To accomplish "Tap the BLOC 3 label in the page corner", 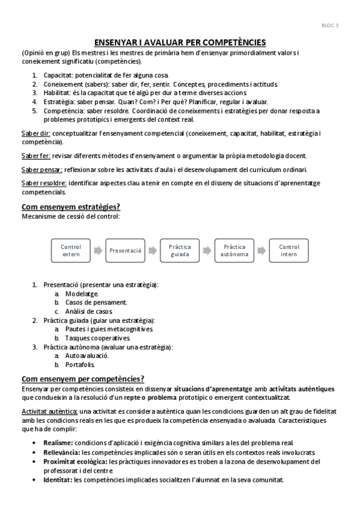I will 331,25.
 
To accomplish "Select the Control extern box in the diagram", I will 71,250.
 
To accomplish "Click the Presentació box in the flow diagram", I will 126,250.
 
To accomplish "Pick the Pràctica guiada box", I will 180,250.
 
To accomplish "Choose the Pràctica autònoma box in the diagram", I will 234,250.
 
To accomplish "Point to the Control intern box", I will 289,250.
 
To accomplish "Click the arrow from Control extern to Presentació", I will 98,250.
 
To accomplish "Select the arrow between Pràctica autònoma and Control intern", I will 262,250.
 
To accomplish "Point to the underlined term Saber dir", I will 36,132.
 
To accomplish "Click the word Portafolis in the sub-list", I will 80,364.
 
